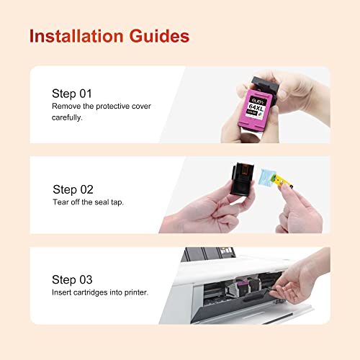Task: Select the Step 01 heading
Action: click(71, 94)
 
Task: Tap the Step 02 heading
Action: click(73, 189)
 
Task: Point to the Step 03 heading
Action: click(73, 279)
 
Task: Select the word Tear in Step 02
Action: click(61, 202)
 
